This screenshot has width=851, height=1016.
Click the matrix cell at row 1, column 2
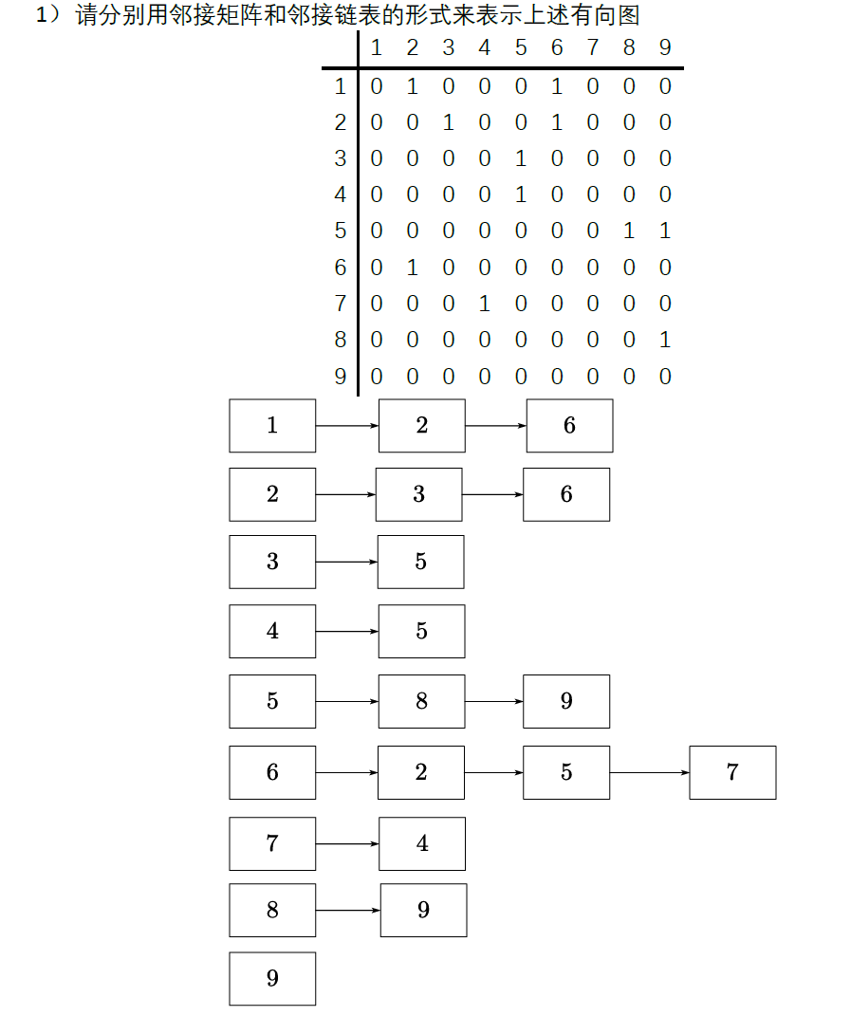(412, 86)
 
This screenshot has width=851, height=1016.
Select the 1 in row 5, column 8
(629, 231)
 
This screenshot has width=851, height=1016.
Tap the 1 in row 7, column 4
(485, 304)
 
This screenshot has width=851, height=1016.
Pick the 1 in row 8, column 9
(665, 340)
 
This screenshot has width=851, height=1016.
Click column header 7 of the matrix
(593, 47)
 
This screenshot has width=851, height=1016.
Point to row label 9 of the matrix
(341, 377)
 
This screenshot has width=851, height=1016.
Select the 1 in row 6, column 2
(412, 268)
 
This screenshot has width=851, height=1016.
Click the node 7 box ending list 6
(732, 772)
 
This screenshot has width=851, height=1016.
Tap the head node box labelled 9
(272, 978)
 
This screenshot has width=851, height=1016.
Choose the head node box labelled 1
(272, 425)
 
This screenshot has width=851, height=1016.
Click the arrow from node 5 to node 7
(650, 772)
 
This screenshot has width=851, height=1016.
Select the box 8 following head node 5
(421, 701)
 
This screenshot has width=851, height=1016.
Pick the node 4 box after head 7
(422, 843)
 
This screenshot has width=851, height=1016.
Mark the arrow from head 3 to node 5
(347, 562)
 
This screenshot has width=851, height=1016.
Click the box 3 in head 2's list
(419, 494)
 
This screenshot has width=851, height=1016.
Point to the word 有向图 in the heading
(612, 15)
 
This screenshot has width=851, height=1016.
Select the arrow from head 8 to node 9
(348, 911)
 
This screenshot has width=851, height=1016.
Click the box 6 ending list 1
(569, 425)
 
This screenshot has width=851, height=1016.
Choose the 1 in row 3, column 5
(521, 158)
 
